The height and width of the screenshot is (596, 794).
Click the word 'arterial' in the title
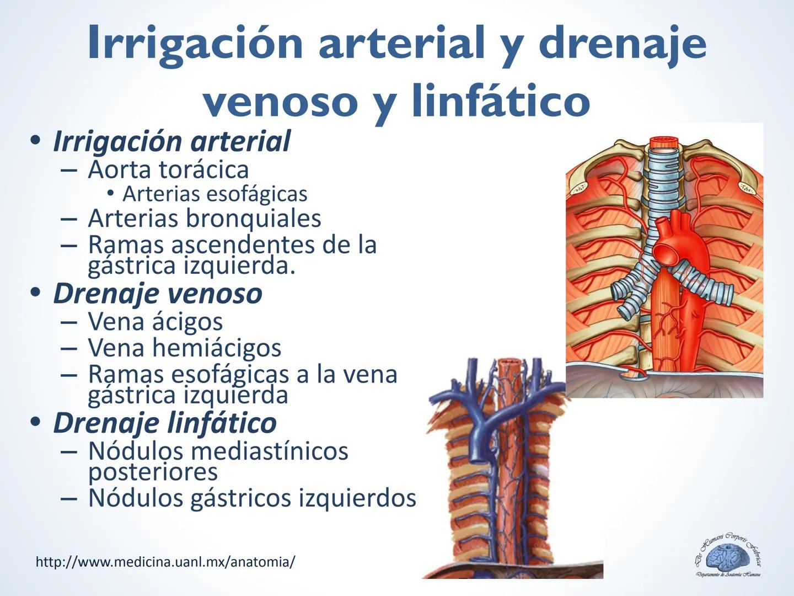click(x=402, y=43)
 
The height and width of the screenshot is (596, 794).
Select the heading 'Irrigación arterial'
click(x=171, y=141)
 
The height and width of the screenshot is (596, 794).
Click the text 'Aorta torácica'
click(x=168, y=169)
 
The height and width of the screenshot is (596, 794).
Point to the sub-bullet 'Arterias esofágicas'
click(x=214, y=194)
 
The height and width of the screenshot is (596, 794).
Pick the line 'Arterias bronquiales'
click(x=204, y=219)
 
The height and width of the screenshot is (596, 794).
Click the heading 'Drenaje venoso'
click(x=158, y=293)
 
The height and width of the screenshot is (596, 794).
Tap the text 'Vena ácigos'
click(x=155, y=322)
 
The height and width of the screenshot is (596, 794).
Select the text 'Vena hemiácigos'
click(x=184, y=348)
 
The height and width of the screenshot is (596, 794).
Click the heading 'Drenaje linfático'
click(x=165, y=423)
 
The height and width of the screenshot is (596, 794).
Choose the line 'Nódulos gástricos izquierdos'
click(x=251, y=498)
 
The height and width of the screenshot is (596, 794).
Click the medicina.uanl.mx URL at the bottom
click(x=165, y=562)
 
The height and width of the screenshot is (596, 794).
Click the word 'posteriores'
click(x=153, y=472)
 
